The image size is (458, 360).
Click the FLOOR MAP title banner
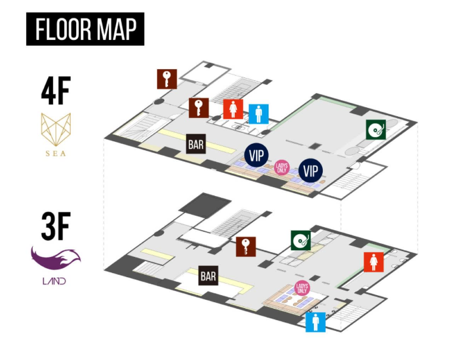[x=85, y=29]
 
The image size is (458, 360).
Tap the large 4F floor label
[x=56, y=91]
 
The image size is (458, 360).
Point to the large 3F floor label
[x=56, y=226]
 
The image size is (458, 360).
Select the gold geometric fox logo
[x=56, y=129]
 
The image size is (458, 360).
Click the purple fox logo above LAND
[x=56, y=258]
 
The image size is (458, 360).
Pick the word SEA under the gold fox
[x=56, y=153]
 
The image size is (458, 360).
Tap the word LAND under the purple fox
[x=54, y=281]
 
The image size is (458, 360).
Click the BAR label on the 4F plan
[x=196, y=144]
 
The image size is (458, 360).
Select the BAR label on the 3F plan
[x=208, y=275]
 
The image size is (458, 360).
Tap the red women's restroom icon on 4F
[x=233, y=109]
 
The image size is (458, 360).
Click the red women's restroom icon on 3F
[x=373, y=262]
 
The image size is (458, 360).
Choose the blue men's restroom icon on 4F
[x=258, y=114]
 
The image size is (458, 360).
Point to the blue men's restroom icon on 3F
[x=316, y=322]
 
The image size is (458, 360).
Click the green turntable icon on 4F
[x=376, y=129]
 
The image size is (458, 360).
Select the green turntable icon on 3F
[x=301, y=240]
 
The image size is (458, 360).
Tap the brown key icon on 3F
[x=246, y=247]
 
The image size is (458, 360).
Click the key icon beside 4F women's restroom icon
[x=198, y=108]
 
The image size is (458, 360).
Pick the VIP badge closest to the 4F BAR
[x=257, y=155]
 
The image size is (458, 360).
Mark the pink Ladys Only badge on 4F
[x=282, y=168]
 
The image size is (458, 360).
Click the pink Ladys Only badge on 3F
[x=302, y=288]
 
